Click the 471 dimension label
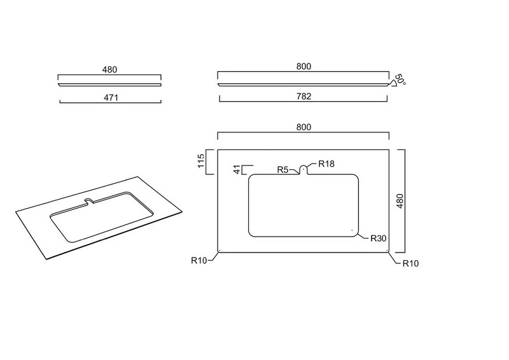click(111, 97)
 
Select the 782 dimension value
click(304, 96)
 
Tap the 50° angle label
click(400, 80)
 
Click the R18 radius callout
click(326, 163)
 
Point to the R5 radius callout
click(282, 170)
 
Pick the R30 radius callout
click(379, 239)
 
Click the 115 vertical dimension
click(201, 161)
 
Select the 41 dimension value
click(238, 169)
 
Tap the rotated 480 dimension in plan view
click(400, 201)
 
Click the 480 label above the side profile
click(109, 69)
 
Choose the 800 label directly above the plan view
click(304, 127)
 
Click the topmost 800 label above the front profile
click(304, 66)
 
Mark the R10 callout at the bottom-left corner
click(199, 260)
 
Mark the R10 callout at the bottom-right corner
click(410, 263)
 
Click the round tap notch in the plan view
click(303, 169)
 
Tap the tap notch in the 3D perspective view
click(88, 201)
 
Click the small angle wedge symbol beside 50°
click(393, 83)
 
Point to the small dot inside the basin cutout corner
click(352, 230)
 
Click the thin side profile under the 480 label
click(109, 85)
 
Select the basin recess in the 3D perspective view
click(102, 217)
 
